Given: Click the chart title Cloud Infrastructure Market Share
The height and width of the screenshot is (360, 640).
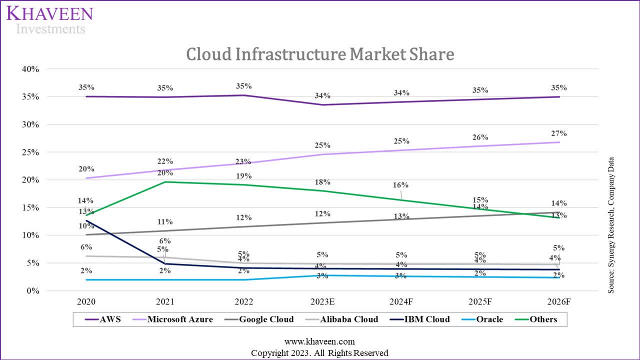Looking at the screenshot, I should click(320, 53).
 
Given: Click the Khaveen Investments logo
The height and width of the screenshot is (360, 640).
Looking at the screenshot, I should click(49, 20).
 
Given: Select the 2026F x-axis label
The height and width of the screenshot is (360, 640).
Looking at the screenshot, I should click(559, 302).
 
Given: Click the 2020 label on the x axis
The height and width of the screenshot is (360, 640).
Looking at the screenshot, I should click(86, 302).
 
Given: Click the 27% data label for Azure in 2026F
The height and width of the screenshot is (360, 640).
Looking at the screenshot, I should click(559, 133).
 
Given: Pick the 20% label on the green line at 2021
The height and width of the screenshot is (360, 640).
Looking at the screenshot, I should click(165, 173).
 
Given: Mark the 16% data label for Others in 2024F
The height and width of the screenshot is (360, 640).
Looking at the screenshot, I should click(401, 185).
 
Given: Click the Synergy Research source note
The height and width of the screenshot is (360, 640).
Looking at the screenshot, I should click(611, 225).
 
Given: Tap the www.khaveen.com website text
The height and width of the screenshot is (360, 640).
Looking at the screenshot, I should click(319, 341).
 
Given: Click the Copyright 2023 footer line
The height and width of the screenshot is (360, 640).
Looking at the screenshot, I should click(319, 352).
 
